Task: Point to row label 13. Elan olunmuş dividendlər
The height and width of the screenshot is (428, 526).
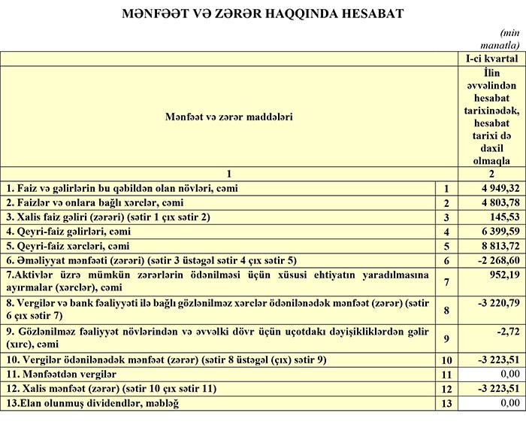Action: [x=101, y=403]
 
